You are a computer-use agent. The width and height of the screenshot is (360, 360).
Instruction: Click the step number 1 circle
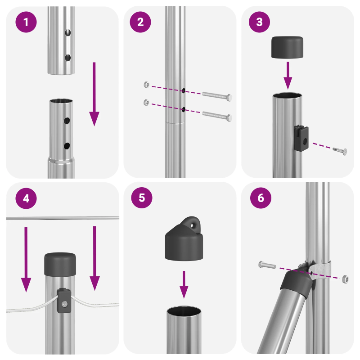[x=26, y=22]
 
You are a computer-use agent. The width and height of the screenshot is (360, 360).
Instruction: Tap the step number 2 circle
[x=140, y=22]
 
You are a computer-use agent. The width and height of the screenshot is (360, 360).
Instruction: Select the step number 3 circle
[x=260, y=22]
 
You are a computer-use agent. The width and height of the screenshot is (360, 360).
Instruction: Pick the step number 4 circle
[x=26, y=198]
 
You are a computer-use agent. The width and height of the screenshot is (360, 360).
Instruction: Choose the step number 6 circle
[x=260, y=198]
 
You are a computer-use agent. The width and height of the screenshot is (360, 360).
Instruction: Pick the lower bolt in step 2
[x=217, y=116]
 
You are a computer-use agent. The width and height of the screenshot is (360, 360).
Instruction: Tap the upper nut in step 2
[x=145, y=85]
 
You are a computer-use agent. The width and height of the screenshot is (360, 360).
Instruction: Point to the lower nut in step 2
[x=145, y=102]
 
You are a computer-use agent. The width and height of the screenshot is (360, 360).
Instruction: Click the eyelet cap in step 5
[x=184, y=238]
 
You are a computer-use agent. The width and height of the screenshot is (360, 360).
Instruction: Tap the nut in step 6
[x=345, y=279]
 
